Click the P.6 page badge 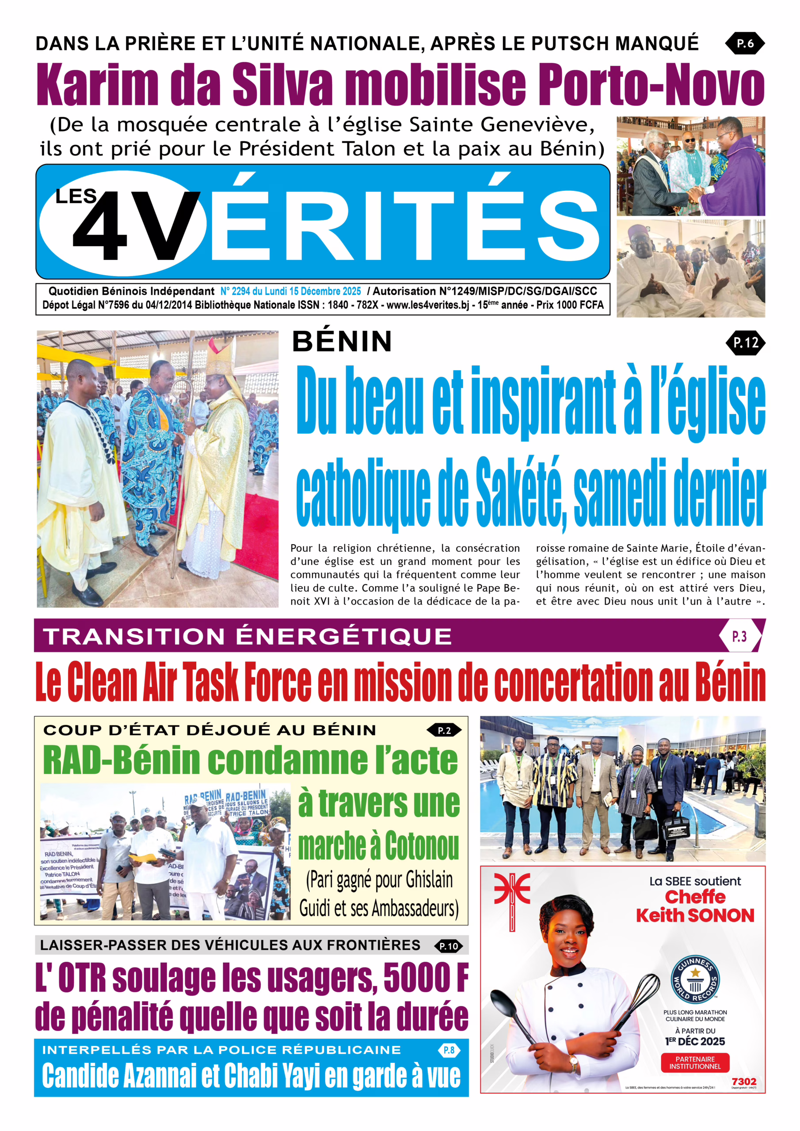(744, 43)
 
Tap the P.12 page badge (745, 343)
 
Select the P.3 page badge (739, 637)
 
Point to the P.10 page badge (449, 946)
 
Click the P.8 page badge (449, 1050)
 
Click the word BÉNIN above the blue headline (342, 342)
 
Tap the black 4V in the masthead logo (136, 226)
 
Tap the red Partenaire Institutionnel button (695, 1063)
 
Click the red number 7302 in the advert (744, 1081)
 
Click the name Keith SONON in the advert (695, 916)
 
